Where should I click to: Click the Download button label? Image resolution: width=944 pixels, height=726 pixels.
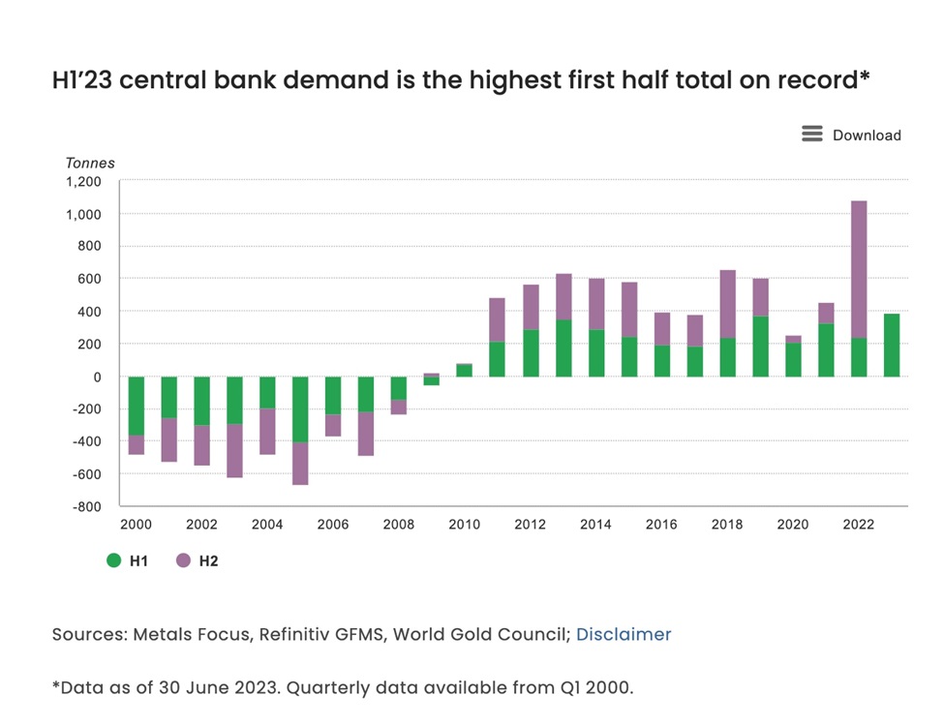(x=867, y=136)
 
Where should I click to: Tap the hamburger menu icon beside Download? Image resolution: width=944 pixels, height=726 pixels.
(x=812, y=134)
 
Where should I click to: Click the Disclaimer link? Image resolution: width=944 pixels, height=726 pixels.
(x=624, y=635)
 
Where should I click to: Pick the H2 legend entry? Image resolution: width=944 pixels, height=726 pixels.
(x=198, y=560)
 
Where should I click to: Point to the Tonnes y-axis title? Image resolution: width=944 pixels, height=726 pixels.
(x=90, y=163)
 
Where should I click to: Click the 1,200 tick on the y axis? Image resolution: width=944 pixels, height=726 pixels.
(x=83, y=181)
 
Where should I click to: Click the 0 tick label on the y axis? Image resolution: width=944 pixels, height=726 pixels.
(x=96, y=377)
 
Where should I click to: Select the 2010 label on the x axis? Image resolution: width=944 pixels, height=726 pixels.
(x=465, y=525)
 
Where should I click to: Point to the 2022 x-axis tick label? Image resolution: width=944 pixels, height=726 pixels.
(x=859, y=525)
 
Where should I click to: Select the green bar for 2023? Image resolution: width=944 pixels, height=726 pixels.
(x=892, y=346)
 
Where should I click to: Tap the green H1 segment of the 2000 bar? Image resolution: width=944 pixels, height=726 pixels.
(x=137, y=407)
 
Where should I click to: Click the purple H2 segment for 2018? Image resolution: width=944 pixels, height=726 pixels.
(x=727, y=304)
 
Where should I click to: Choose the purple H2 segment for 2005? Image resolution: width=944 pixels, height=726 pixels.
(x=300, y=464)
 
